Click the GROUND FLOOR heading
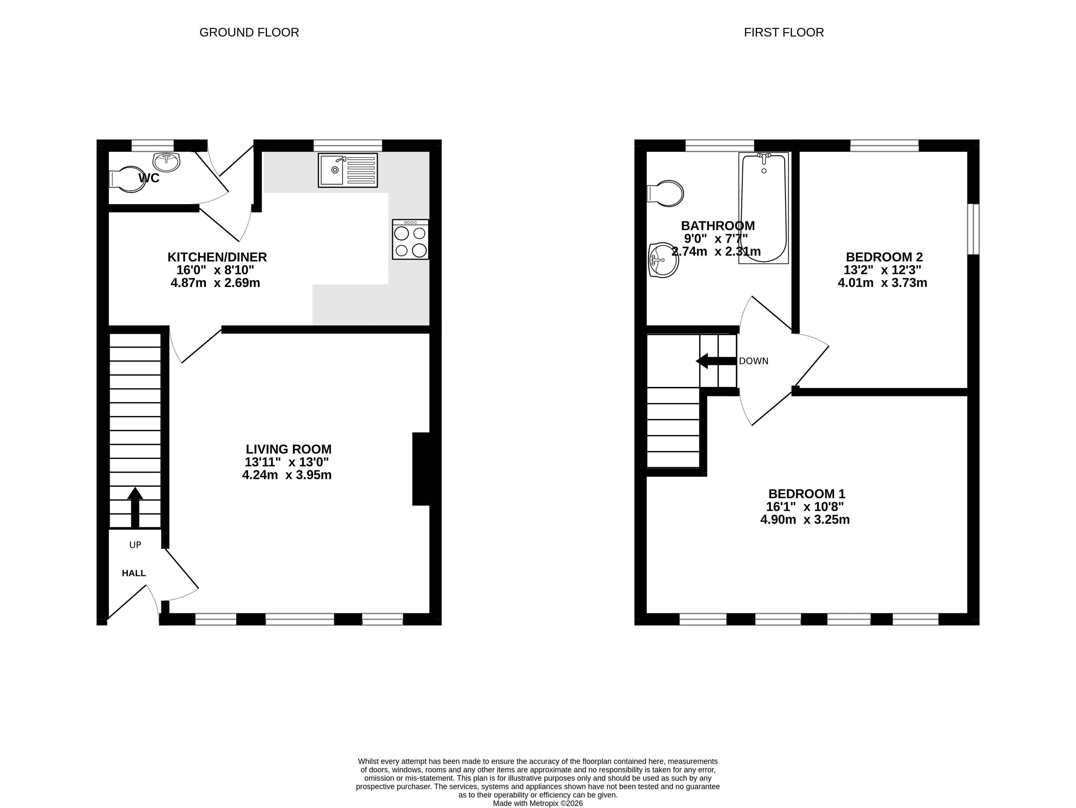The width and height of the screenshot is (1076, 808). click(x=249, y=33)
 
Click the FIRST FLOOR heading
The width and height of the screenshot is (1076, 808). click(x=784, y=33)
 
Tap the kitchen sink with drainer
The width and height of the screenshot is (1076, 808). click(x=348, y=170)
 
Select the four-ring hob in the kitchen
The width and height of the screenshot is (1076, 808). click(x=411, y=239)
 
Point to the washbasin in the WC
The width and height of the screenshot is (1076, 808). click(x=166, y=161)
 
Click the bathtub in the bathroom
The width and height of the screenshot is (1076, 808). click(x=763, y=208)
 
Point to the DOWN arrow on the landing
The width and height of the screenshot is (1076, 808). click(x=716, y=361)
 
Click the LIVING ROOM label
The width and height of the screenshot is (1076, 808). click(x=288, y=449)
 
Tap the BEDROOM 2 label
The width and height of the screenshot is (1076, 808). click(x=884, y=257)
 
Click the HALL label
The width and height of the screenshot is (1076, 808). click(x=134, y=573)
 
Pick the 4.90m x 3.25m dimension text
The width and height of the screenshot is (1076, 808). click(x=805, y=520)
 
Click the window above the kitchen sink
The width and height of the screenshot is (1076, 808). click(x=348, y=145)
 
